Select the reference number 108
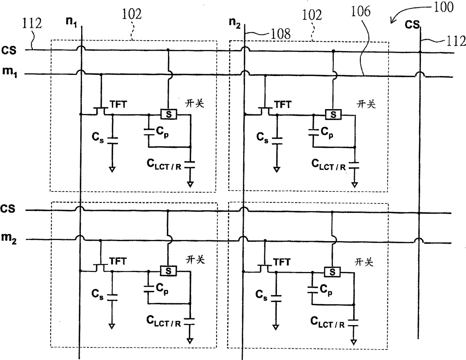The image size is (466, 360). click(281, 34)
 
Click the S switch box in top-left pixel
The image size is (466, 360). click(169, 114)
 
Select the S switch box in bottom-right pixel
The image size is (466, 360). click(332, 272)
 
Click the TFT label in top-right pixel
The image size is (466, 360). click(283, 105)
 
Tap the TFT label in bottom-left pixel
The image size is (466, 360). click(118, 261)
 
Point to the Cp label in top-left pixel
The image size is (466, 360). click(162, 132)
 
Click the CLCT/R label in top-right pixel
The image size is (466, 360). click(328, 165)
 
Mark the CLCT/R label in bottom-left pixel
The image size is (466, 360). click(163, 321)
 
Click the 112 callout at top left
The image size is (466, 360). click(32, 23)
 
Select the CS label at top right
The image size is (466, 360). click(412, 24)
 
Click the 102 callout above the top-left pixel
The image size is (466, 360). click(132, 14)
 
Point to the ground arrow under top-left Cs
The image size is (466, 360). click(112, 170)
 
